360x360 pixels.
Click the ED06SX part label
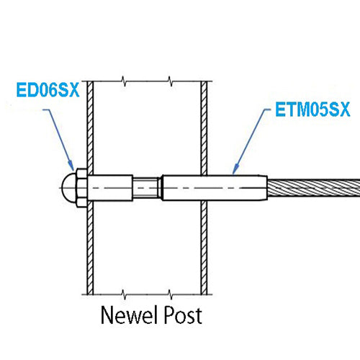click(x=48, y=90)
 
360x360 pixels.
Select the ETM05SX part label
click(x=312, y=109)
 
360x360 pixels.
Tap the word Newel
click(x=127, y=315)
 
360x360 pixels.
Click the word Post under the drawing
click(x=182, y=315)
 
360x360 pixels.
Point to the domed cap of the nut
click(x=68, y=188)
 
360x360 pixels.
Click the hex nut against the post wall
click(x=81, y=188)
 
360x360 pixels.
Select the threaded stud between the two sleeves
click(x=146, y=188)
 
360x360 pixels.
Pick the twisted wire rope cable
click(x=313, y=188)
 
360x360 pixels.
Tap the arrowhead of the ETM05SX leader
click(x=235, y=168)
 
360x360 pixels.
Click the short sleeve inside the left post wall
click(x=110, y=188)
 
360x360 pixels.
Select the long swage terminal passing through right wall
click(x=215, y=188)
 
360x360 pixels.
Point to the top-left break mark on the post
click(x=124, y=81)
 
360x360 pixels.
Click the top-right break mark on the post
click(x=170, y=81)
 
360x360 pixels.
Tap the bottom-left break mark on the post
click(x=124, y=294)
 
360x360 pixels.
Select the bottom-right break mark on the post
click(x=170, y=294)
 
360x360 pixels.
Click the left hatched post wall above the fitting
click(x=90, y=127)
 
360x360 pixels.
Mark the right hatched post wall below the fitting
click(x=204, y=248)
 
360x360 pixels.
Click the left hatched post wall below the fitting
click(x=90, y=248)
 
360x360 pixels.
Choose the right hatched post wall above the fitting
click(x=204, y=128)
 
